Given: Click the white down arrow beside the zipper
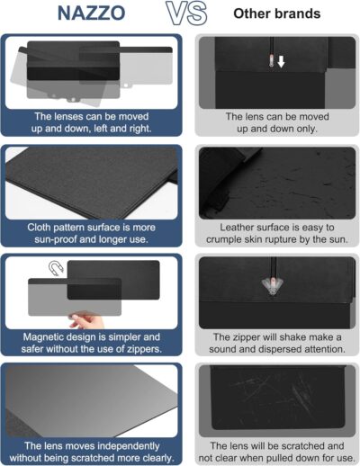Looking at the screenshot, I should (x=280, y=62).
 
